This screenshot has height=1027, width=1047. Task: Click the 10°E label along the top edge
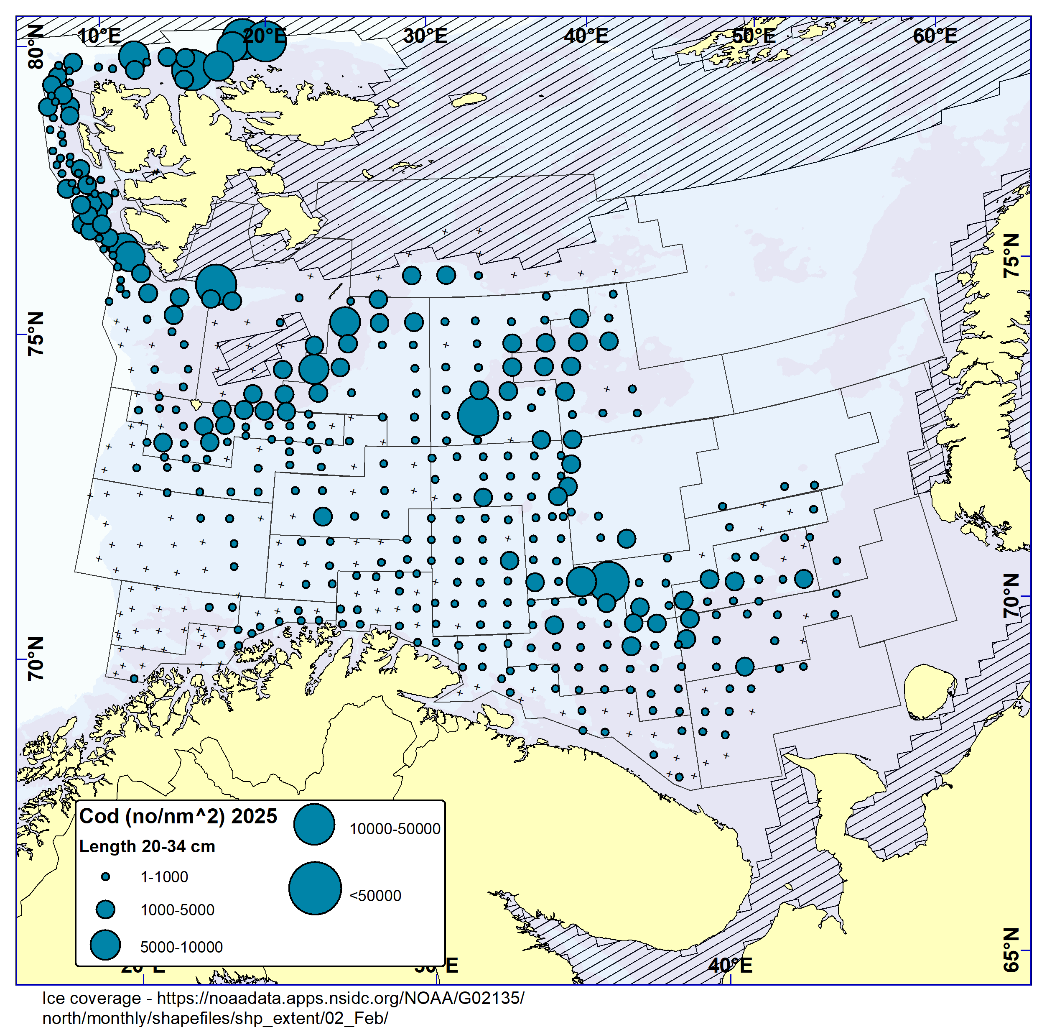coord(99,36)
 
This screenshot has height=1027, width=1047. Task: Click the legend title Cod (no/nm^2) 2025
coord(178,816)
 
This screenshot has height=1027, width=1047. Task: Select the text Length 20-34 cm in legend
coord(147,846)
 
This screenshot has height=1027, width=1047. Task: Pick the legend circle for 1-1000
coord(106,876)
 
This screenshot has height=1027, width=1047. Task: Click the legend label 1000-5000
coord(177,909)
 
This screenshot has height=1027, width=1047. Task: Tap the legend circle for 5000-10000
coord(105,945)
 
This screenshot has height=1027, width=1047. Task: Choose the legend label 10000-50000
coord(395,828)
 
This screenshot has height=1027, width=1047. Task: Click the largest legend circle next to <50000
coord(315,888)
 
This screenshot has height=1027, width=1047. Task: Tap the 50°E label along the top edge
coord(753,36)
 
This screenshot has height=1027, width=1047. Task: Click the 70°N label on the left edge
coord(36,659)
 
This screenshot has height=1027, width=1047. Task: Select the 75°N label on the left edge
coord(36,333)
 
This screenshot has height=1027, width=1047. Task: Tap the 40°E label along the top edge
coord(586,36)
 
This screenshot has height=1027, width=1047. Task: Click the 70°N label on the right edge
coord(1011,595)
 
